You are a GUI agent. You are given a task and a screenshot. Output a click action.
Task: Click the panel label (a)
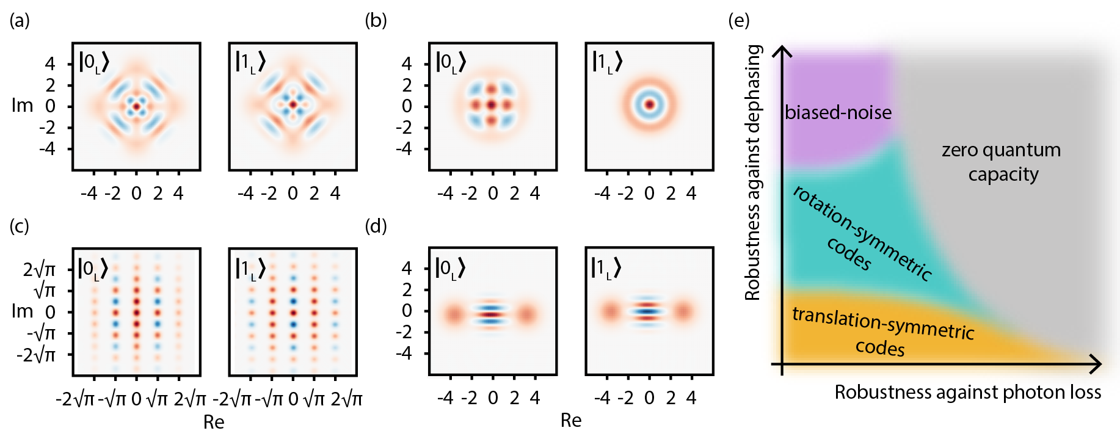click(20, 21)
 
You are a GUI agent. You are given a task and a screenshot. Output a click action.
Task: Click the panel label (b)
click(376, 21)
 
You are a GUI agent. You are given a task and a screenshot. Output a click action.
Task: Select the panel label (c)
click(20, 227)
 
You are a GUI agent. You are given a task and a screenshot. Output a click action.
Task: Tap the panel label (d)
click(376, 227)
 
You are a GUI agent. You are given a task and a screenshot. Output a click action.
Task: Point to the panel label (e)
click(739, 21)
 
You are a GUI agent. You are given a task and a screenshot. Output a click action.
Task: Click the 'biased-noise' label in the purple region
click(838, 112)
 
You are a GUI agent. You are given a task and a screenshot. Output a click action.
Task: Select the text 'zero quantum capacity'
click(1002, 162)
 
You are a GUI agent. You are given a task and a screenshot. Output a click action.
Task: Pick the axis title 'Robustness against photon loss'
click(968, 392)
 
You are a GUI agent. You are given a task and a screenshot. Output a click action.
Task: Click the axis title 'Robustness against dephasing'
click(754, 172)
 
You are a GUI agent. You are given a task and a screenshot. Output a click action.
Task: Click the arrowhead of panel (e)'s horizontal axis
click(1096, 364)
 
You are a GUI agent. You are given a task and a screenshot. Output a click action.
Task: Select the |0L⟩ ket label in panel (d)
click(450, 267)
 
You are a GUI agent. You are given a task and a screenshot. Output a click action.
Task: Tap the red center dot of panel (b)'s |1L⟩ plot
click(650, 105)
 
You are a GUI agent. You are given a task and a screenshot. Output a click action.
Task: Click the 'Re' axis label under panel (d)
click(570, 420)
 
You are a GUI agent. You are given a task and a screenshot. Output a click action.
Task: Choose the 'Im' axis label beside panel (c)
click(23, 311)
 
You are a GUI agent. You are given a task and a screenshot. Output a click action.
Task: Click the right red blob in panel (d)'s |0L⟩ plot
click(526, 315)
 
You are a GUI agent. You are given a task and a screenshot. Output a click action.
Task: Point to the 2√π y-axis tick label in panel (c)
click(39, 269)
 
